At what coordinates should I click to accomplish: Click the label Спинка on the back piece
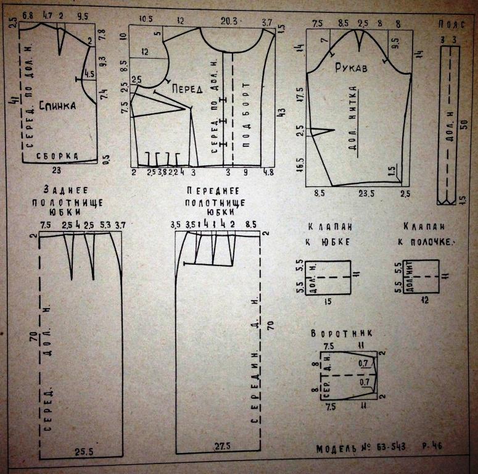pos(57,106)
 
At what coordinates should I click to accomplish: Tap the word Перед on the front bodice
pos(187,89)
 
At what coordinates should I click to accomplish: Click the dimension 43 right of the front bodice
pos(282,112)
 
